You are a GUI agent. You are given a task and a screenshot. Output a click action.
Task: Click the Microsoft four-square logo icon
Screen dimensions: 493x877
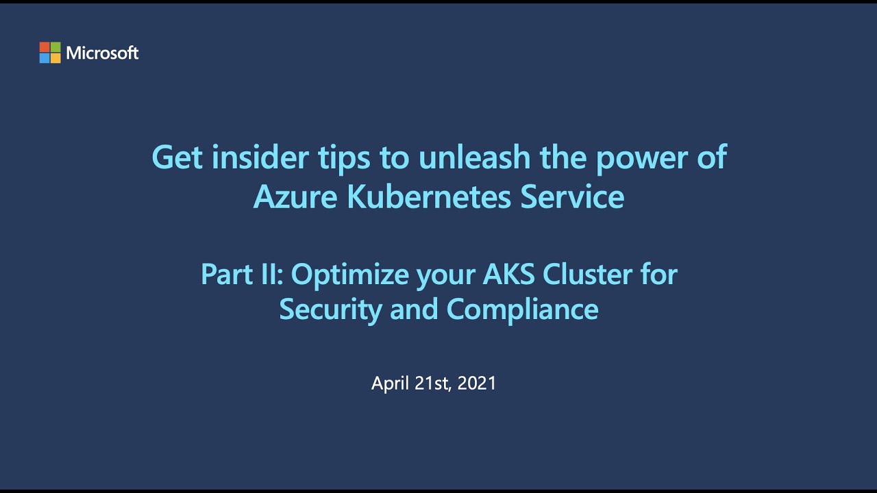[x=50, y=53]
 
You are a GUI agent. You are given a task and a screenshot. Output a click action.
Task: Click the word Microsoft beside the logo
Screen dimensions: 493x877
[x=103, y=53]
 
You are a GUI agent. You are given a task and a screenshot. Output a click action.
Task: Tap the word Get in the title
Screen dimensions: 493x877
[x=177, y=157]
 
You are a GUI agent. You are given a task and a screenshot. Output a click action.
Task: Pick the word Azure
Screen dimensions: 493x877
[x=295, y=197]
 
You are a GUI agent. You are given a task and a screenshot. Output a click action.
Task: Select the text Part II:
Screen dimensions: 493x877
[x=243, y=275]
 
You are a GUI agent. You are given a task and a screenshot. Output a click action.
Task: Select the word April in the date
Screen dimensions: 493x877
[x=391, y=383]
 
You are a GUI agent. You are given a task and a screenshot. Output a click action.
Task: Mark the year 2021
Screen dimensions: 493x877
[x=477, y=383]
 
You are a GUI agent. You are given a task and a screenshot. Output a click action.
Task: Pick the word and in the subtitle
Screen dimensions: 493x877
[x=415, y=309]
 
